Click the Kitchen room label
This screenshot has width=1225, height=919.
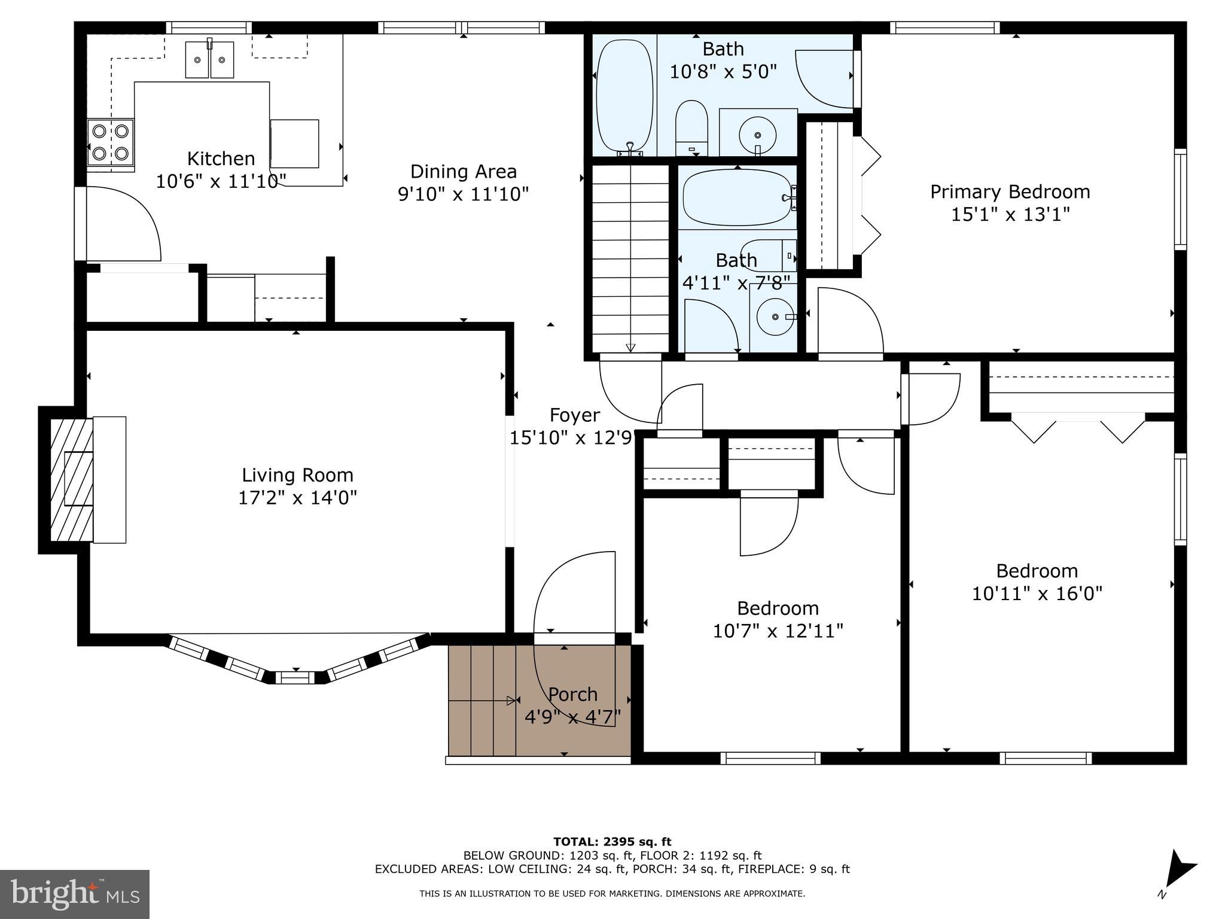[x=221, y=159]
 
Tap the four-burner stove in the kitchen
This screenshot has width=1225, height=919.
[x=111, y=142]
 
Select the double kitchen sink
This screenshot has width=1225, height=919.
[x=209, y=59]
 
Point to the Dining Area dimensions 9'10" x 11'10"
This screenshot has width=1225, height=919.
[x=463, y=194]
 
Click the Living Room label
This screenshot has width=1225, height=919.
[x=297, y=475]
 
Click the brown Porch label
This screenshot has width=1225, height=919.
[x=572, y=694]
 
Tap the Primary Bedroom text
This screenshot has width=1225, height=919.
[x=1010, y=192]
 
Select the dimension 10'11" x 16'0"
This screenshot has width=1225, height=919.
[x=1037, y=594]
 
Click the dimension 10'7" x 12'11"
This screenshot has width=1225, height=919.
[x=778, y=631]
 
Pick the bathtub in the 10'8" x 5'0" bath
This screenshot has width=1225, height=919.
[x=624, y=95]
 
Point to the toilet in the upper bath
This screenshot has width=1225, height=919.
[x=691, y=127]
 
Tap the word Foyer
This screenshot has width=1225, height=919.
[x=574, y=415]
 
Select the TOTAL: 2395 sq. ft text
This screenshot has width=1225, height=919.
[x=612, y=842]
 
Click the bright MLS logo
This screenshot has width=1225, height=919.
[x=75, y=894]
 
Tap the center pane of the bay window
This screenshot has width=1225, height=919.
[x=295, y=677]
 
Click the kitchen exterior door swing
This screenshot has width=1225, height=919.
[x=123, y=224]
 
